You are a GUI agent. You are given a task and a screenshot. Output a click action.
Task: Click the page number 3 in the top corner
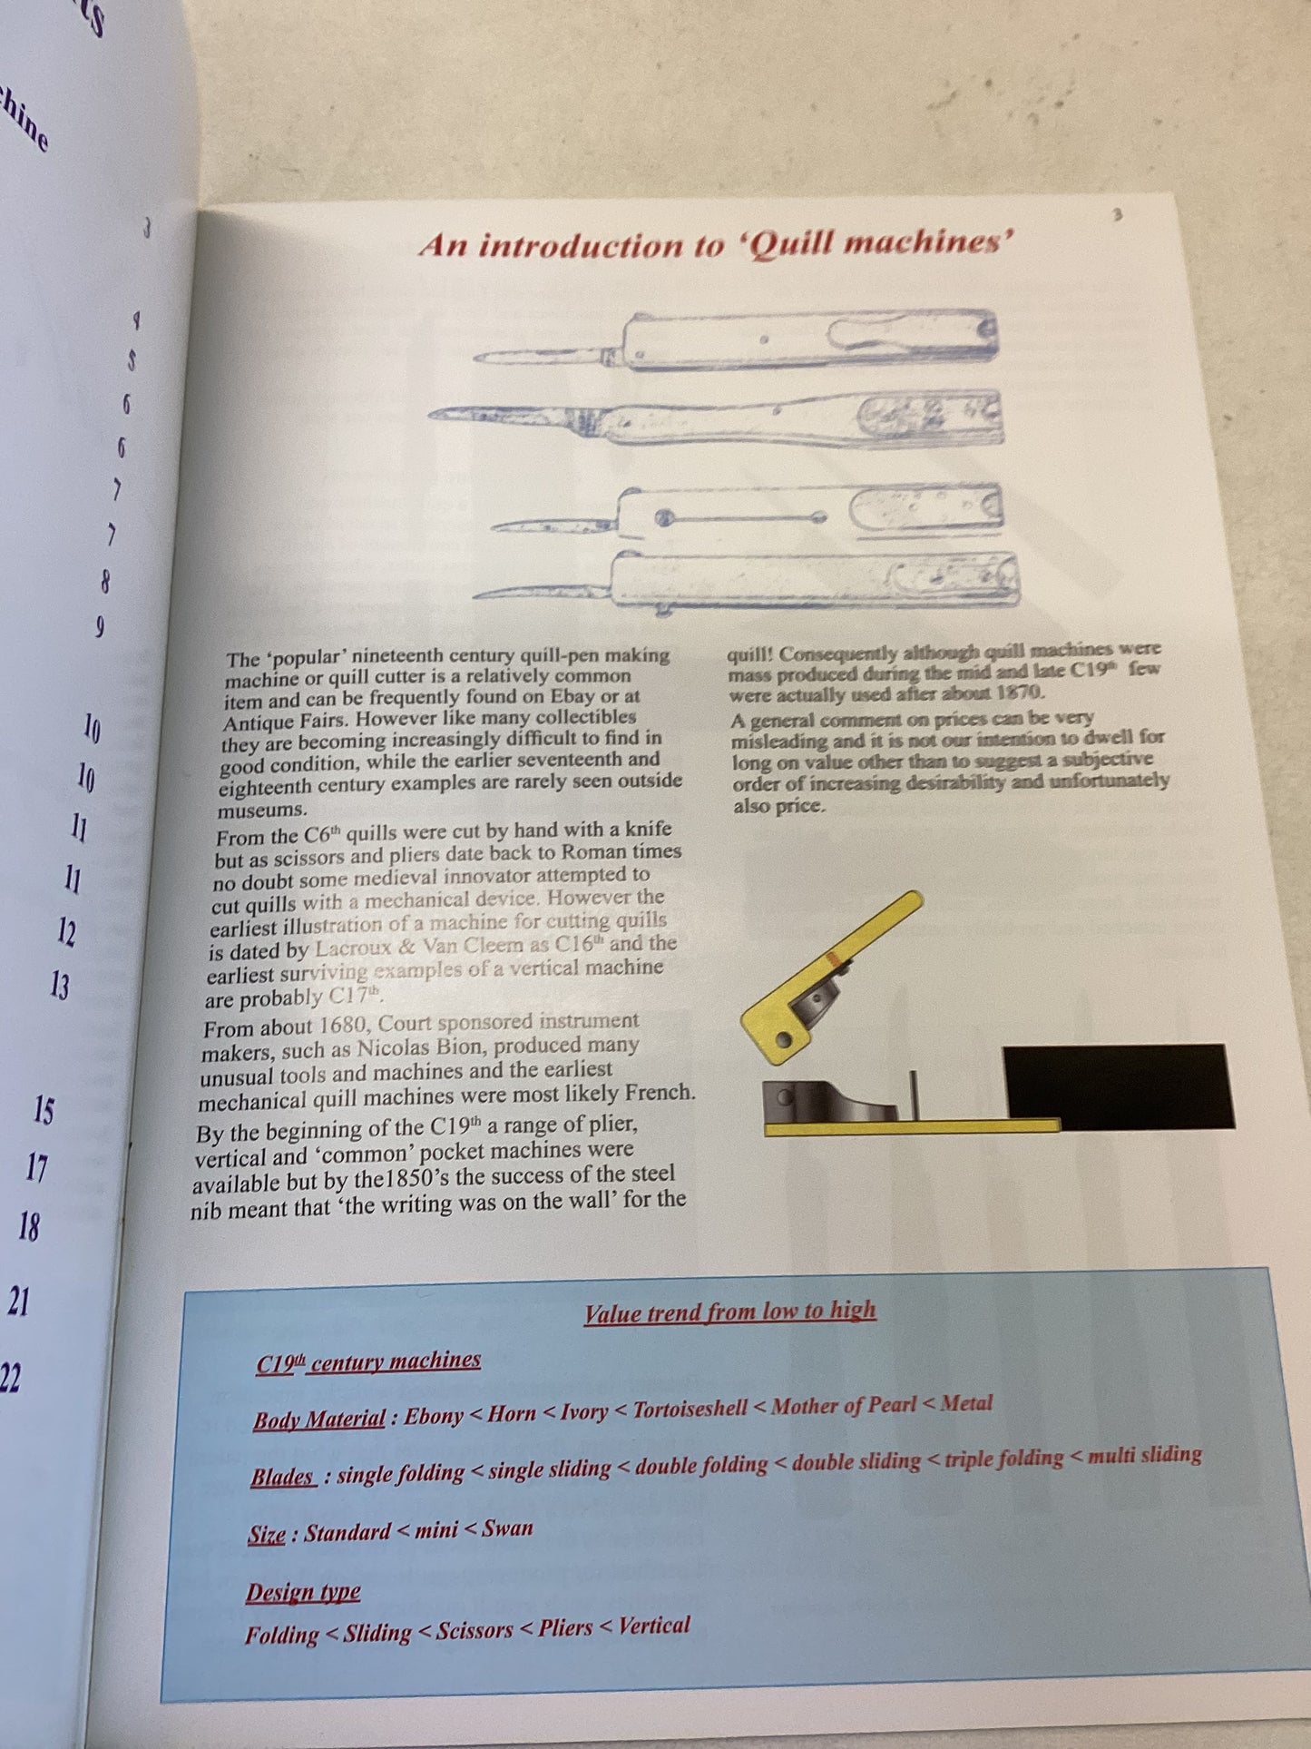coord(1117,214)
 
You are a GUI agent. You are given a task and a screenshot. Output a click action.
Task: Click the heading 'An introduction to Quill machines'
coord(716,244)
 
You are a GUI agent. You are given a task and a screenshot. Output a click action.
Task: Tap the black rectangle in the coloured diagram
coord(1119,1086)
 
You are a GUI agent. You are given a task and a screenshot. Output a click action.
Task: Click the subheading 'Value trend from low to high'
coord(730,1312)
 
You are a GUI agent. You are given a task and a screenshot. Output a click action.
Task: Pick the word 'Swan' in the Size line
coord(507,1528)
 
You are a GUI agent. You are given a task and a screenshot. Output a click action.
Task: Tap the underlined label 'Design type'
coord(303,1592)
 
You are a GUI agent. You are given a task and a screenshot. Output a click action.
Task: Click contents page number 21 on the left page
coord(18,1302)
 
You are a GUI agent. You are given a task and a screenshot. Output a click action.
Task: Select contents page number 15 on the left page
coord(43,1110)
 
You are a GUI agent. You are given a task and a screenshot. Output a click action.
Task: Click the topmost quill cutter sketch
coord(735,340)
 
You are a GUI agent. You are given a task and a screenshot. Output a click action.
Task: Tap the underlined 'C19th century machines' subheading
coord(367,1361)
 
